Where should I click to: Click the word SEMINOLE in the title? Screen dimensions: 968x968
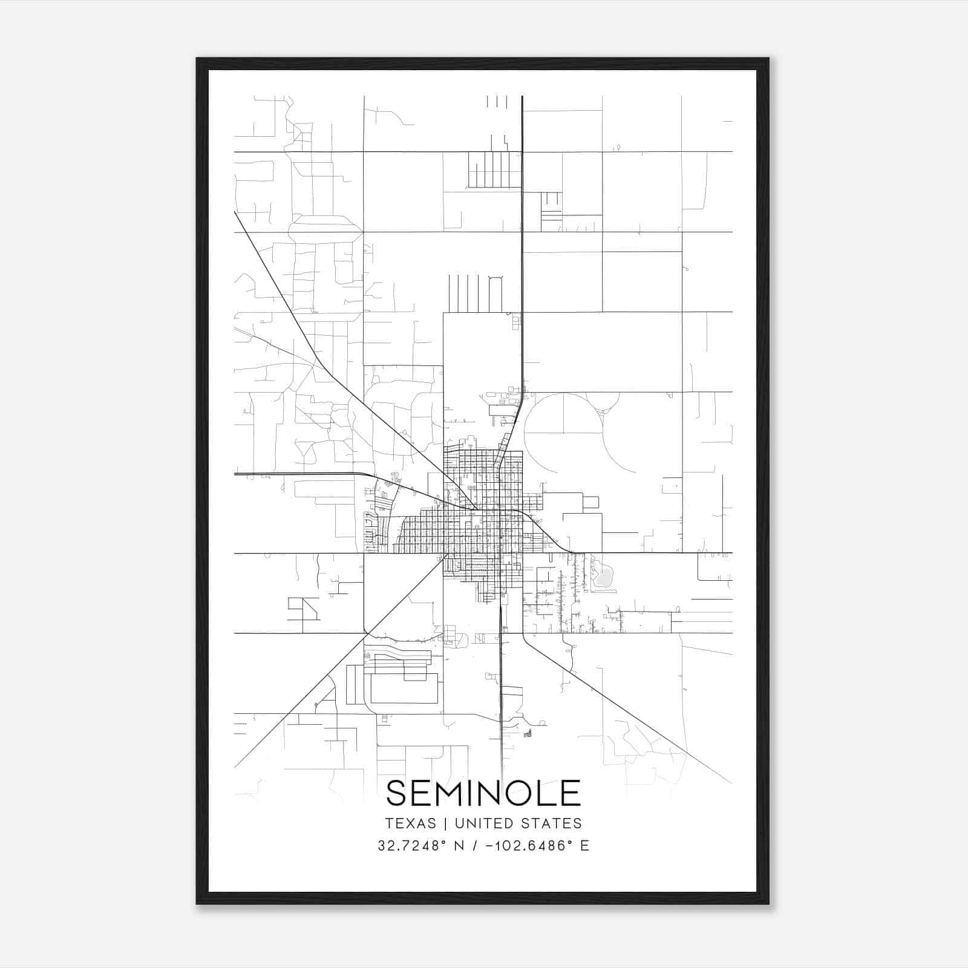(x=483, y=793)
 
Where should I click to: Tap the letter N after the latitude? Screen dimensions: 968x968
(x=459, y=846)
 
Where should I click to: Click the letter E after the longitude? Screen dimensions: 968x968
(x=584, y=846)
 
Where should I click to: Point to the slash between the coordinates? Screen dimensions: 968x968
(x=473, y=846)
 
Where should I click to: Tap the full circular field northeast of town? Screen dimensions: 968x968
(x=563, y=433)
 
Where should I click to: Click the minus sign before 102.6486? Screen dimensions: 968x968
(x=488, y=846)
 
